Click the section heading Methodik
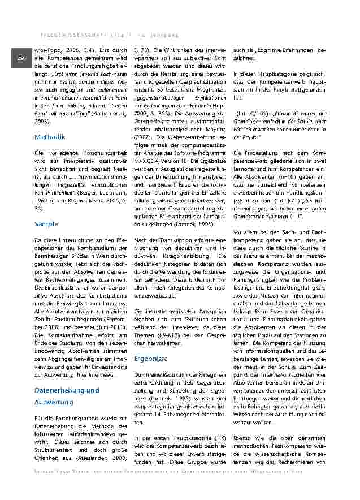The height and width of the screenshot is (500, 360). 50,137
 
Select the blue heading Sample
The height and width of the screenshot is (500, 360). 46,224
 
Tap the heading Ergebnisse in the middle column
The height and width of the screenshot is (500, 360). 150,359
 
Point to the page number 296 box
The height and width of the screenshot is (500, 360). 21,58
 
